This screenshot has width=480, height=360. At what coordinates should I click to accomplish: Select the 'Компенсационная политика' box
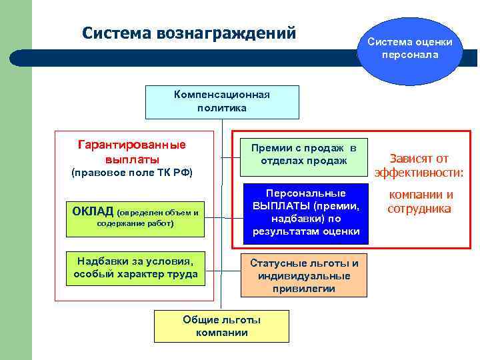[x=222, y=101]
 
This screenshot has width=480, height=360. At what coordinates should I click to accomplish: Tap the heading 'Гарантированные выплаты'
[x=132, y=152]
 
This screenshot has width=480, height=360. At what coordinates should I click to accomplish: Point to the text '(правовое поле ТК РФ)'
[x=131, y=173]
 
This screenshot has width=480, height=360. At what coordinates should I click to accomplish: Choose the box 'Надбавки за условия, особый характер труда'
[x=135, y=267]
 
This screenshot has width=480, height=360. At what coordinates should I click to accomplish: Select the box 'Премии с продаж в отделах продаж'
[x=303, y=154]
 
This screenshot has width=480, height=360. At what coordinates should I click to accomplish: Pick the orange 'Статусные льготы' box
[x=303, y=275]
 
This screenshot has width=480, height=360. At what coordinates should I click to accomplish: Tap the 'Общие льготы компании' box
[x=221, y=326]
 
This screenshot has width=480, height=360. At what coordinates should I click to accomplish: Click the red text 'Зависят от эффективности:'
[x=419, y=166]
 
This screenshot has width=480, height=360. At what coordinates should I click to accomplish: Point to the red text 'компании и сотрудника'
[x=420, y=201]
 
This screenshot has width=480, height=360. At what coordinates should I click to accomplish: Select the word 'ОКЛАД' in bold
[x=93, y=212]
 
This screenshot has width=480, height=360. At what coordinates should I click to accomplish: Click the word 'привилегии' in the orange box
[x=303, y=289]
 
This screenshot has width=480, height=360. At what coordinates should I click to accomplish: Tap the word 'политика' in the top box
[x=222, y=107]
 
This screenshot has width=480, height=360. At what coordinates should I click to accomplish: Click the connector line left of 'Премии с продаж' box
[x=231, y=158]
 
